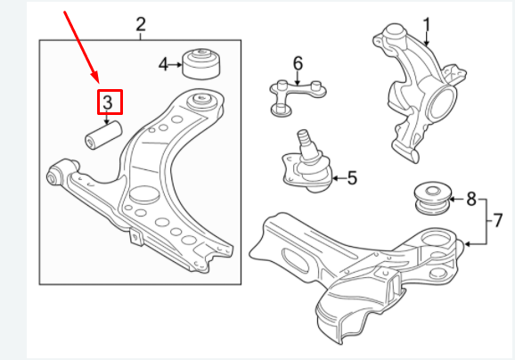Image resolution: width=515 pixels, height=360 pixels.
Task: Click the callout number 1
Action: (426, 24)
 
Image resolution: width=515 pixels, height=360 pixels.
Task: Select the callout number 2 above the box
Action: (141, 24)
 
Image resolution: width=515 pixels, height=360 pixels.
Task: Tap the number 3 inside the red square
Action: (107, 102)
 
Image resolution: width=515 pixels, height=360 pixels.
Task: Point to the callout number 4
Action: (163, 64)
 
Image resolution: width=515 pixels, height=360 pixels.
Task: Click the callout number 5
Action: (351, 178)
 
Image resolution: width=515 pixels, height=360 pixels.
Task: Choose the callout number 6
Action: (298, 62)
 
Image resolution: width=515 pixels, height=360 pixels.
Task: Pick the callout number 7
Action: (499, 218)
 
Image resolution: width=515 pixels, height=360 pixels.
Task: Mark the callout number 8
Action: (471, 199)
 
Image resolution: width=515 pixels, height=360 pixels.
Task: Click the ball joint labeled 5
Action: (307, 168)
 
